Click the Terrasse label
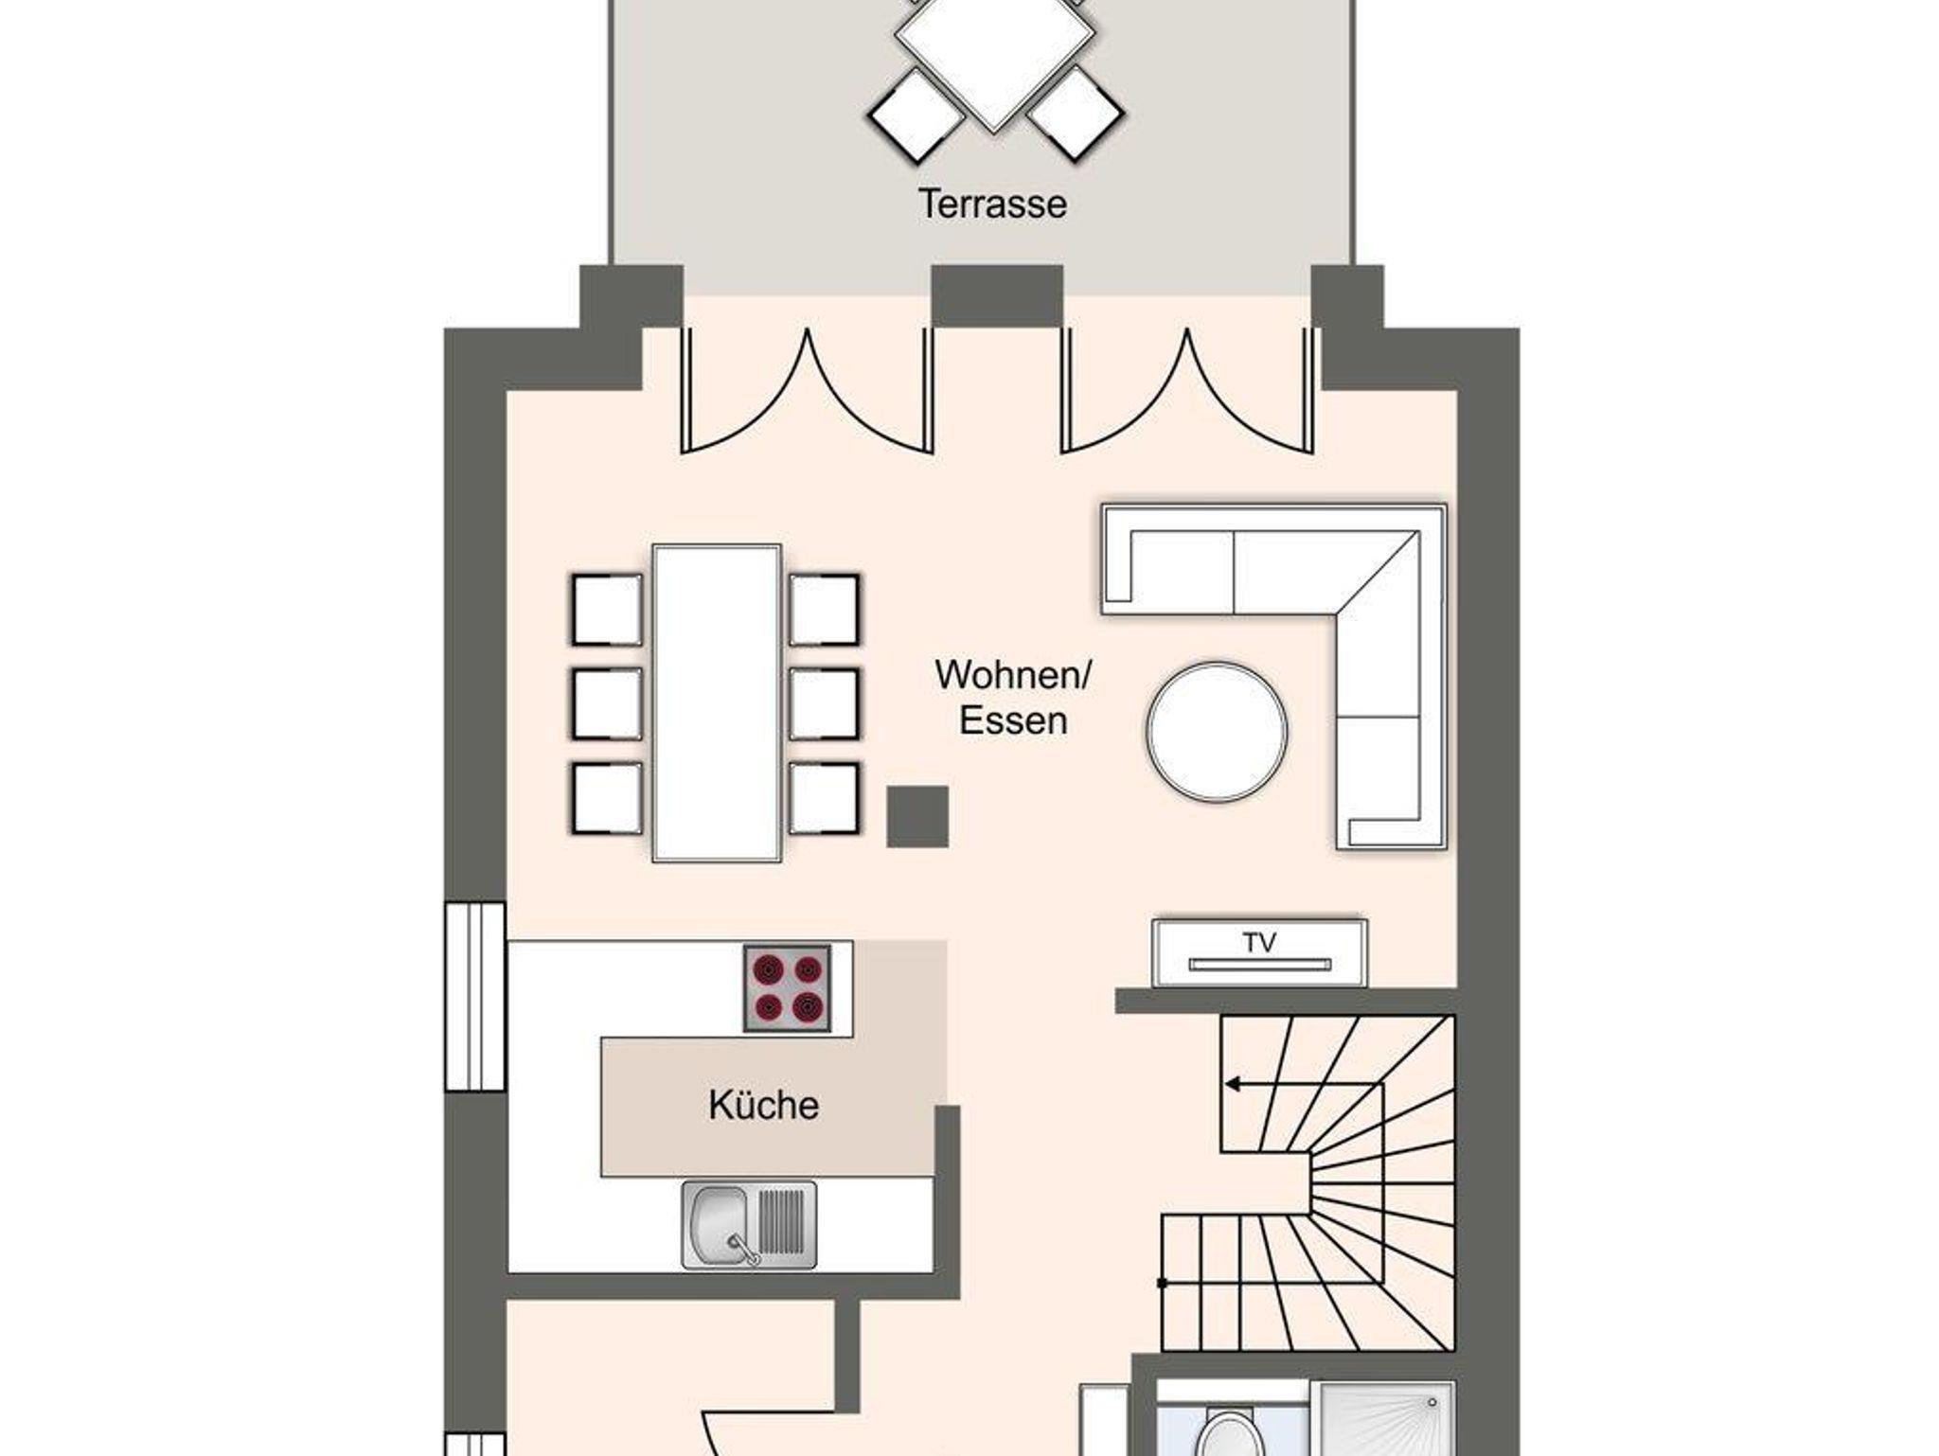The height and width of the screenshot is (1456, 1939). (992, 204)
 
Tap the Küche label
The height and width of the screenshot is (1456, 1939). (763, 1105)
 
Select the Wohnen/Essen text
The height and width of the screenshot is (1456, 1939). (1013, 697)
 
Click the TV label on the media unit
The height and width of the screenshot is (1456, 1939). (1259, 942)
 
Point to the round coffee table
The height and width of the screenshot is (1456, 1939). (1217, 731)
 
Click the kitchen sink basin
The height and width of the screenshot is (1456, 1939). (720, 1225)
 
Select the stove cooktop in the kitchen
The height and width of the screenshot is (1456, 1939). (787, 988)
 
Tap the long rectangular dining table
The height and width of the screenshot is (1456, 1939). (717, 702)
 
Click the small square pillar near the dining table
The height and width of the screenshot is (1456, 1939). (916, 816)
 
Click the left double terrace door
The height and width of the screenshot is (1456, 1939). (807, 390)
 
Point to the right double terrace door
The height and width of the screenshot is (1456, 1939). (1187, 390)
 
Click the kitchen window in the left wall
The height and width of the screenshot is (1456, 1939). (475, 997)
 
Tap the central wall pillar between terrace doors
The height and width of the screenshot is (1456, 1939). (997, 295)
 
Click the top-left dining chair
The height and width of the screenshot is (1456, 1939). (607, 610)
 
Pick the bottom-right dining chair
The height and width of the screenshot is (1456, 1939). (825, 798)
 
